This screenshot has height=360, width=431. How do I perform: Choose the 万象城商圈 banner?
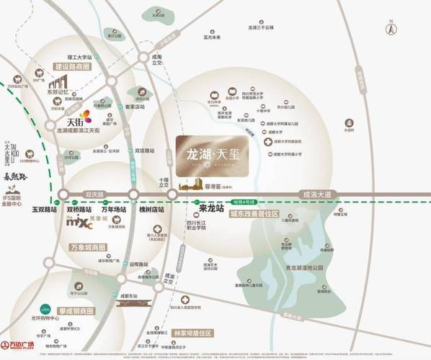[x=89, y=247]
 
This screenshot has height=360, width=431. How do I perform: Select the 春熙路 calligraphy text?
[x=14, y=175]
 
